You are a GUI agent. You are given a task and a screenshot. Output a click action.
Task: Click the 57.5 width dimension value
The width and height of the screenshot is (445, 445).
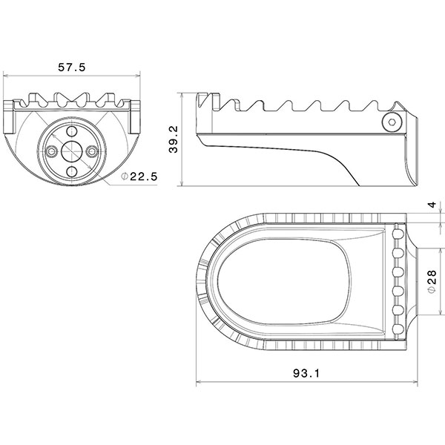(72, 67)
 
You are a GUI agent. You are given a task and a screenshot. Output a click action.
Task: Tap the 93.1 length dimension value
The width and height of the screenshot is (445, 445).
(304, 375)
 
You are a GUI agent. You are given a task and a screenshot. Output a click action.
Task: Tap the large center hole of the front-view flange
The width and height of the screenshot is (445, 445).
(71, 151)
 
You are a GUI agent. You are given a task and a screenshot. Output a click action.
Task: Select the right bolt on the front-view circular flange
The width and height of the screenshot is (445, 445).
(92, 151)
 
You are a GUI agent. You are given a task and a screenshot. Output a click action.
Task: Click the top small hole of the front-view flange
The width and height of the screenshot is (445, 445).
(71, 131)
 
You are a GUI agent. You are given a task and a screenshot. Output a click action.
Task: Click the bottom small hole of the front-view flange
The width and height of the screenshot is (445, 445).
(71, 171)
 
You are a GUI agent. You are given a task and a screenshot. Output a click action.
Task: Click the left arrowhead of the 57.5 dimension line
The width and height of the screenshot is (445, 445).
(7, 76)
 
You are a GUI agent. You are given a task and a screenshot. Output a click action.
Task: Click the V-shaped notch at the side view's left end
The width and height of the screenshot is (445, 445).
(213, 97)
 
